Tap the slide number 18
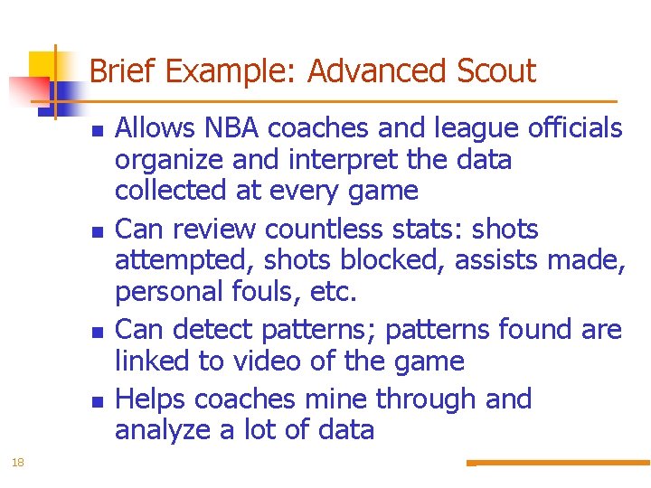[17, 463]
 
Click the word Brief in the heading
[123, 70]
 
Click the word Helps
[151, 399]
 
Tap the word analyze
[164, 430]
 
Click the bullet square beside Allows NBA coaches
[96, 132]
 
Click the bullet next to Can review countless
[96, 232]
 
